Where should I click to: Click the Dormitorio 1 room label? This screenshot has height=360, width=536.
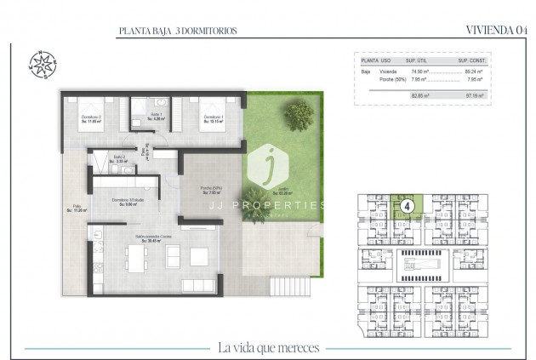[213, 119]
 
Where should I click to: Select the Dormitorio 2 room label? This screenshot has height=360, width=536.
[91, 119]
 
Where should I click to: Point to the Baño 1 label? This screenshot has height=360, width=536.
[156, 116]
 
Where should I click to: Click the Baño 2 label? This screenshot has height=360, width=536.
[120, 158]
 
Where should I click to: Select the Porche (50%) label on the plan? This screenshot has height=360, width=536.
[211, 190]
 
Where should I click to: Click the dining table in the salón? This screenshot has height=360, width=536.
[139, 256]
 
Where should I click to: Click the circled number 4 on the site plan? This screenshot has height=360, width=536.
[408, 205]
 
